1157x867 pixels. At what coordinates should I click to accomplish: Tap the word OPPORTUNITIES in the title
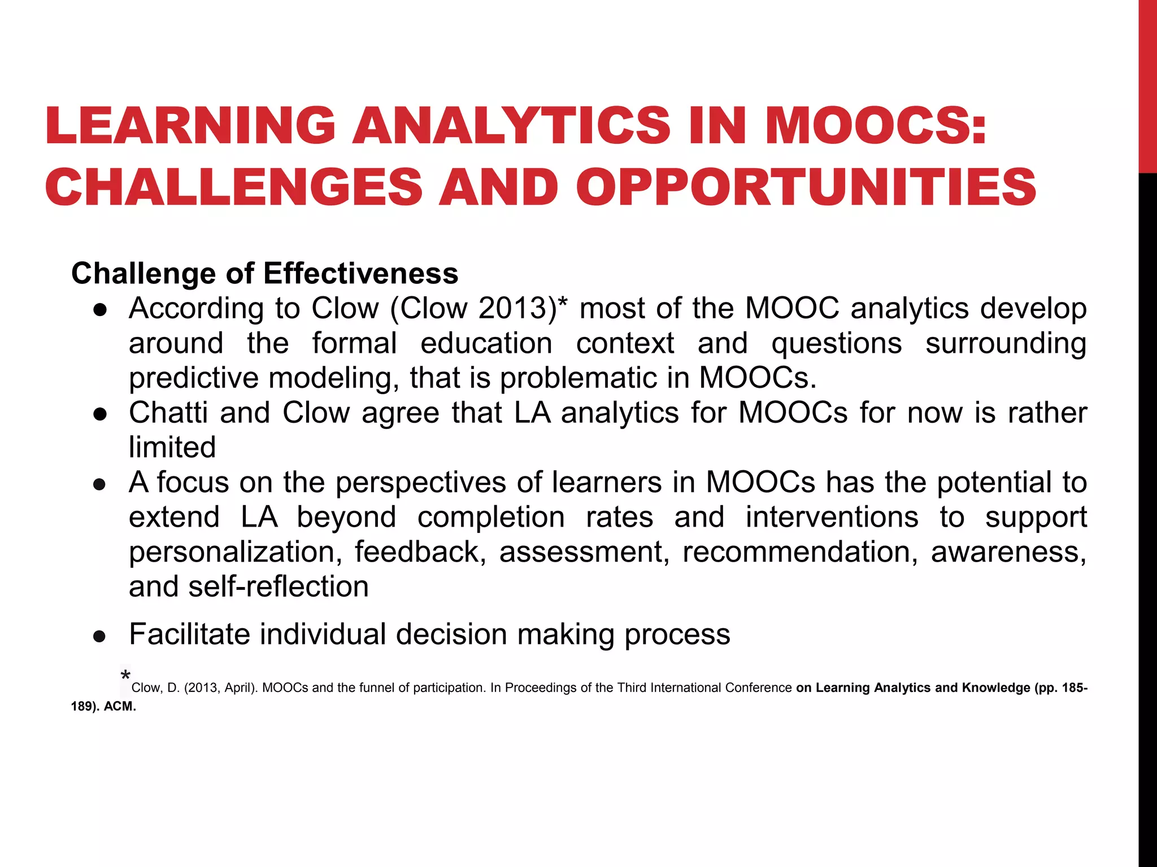806,187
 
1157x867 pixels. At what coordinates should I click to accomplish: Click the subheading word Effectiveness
360,274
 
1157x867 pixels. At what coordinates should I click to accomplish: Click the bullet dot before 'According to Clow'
100,310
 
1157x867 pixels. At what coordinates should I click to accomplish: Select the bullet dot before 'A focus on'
100,484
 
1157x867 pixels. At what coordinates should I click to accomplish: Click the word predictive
193,378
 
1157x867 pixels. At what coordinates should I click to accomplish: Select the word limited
172,448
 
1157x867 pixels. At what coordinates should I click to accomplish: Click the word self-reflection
279,586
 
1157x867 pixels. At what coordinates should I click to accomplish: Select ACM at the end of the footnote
119,707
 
